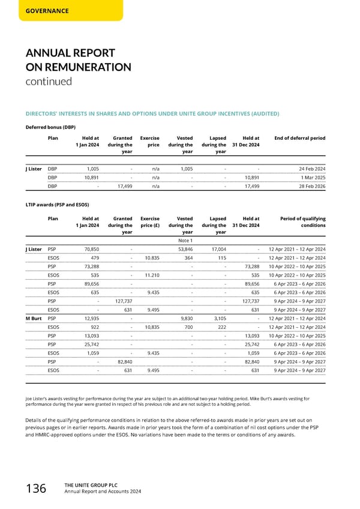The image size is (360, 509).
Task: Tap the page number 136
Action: (x=33, y=489)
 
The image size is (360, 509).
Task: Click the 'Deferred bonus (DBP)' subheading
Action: (x=50, y=127)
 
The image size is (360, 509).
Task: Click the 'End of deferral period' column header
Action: (x=299, y=138)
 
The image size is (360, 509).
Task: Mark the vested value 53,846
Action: (x=184, y=249)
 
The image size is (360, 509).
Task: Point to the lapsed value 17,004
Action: (x=217, y=249)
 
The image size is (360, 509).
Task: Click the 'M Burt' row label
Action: (x=34, y=318)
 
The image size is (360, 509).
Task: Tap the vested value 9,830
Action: (x=186, y=318)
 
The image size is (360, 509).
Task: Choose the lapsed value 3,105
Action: (x=218, y=318)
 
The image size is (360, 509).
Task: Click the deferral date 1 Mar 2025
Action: (x=311, y=178)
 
